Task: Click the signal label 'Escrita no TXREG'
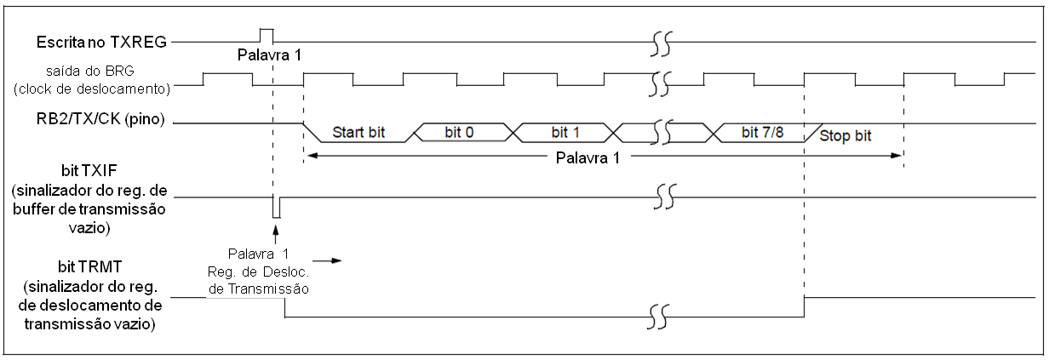[103, 41]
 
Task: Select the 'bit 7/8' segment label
[761, 132]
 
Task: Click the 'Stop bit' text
[846, 134]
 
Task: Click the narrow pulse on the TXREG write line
[267, 34]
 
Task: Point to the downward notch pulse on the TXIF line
[276, 208]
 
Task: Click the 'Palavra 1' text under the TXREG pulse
[270, 55]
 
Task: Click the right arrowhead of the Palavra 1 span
[897, 156]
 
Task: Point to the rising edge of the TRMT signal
[804, 306]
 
